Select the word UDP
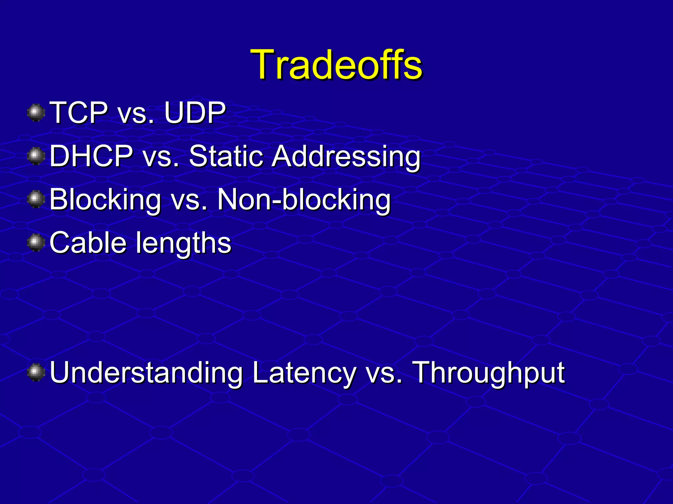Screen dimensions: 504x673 tap(195, 113)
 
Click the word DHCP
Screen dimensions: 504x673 tap(91, 156)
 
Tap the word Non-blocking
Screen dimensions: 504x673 tap(304, 200)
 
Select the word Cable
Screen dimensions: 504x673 tap(88, 243)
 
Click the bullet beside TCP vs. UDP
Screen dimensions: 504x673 tap(36, 113)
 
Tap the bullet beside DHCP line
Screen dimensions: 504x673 tap(36, 156)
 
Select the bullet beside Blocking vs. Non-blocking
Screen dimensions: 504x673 tap(36, 199)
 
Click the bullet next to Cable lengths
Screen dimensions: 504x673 tap(36, 243)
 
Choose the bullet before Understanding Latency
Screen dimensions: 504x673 tap(36, 373)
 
